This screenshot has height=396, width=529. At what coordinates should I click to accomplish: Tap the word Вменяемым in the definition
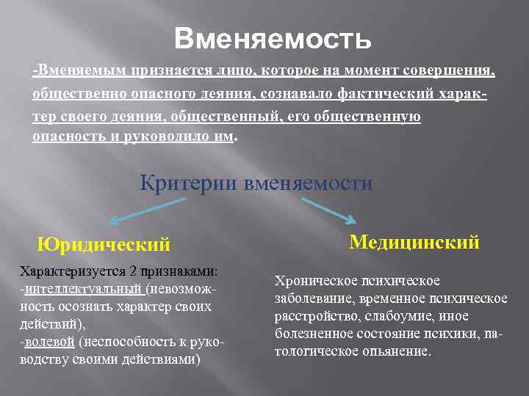point(82,71)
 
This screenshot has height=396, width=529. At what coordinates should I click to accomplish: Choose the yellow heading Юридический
point(104,243)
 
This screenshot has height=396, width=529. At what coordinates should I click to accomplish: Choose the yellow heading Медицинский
point(414,241)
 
